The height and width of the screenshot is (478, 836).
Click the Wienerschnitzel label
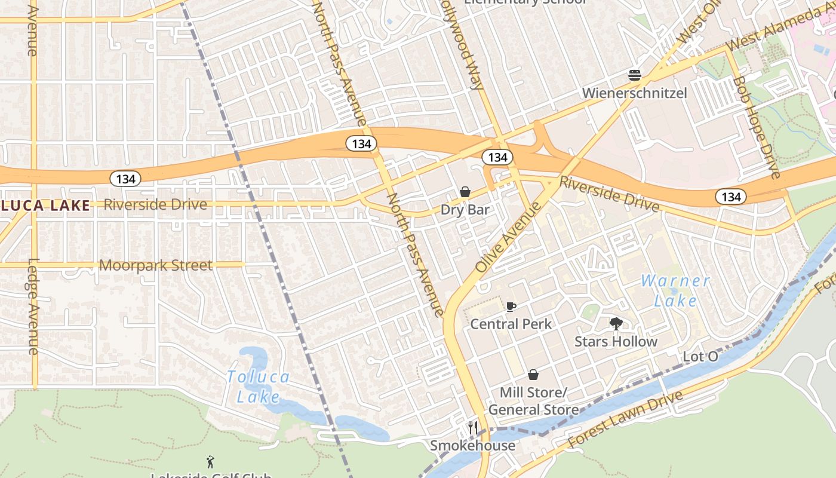[x=634, y=93]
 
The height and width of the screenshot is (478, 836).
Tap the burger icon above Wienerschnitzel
[x=635, y=75]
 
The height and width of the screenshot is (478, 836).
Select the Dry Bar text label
[x=465, y=210]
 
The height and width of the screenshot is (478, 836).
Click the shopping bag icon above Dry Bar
[x=465, y=192]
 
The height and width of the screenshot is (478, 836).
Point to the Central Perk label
[x=511, y=324]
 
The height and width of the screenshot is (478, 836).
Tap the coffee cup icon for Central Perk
[x=511, y=307]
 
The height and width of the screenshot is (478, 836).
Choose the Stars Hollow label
[x=616, y=341]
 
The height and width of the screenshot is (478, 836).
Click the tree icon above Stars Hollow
[x=616, y=324]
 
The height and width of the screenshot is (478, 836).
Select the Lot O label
[x=700, y=357]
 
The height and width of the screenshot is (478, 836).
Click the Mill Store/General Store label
[x=533, y=401]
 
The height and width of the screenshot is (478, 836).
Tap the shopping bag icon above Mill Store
[x=533, y=375]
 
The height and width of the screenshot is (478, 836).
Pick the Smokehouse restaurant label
[x=472, y=445]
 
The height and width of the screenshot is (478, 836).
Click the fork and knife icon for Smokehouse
[x=473, y=427]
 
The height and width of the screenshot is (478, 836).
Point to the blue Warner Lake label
[x=675, y=290]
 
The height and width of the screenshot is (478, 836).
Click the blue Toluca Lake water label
[x=258, y=387]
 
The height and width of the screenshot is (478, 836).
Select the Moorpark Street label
[x=155, y=265]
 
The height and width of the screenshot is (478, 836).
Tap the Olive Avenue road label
[x=509, y=237]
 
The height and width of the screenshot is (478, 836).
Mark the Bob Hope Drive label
[x=757, y=127]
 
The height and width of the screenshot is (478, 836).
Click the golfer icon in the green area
[x=210, y=461]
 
